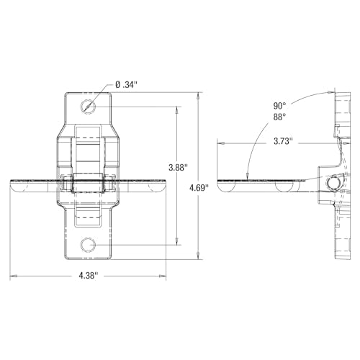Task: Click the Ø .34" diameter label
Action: pyautogui.click(x=126, y=85)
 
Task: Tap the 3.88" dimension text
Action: pyautogui.click(x=178, y=168)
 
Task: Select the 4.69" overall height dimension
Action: pyautogui.click(x=199, y=188)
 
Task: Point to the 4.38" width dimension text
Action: pyautogui.click(x=89, y=276)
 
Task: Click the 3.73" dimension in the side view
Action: pyautogui.click(x=284, y=141)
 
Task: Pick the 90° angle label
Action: pyautogui.click(x=279, y=106)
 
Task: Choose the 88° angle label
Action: pyautogui.click(x=279, y=117)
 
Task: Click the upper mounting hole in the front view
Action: pyautogui.click(x=89, y=107)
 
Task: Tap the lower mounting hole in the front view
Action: pyautogui.click(x=89, y=245)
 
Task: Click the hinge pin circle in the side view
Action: pyautogui.click(x=333, y=184)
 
